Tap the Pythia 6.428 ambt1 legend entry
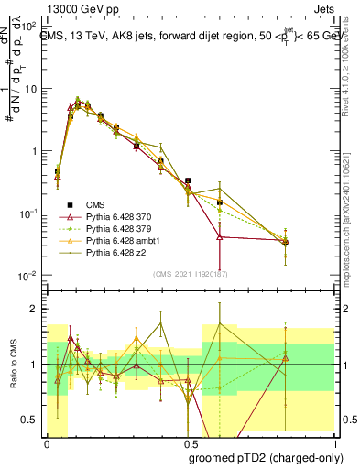(113, 240)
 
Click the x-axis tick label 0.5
(187, 441)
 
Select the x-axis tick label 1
(328, 441)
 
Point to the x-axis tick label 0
(47, 441)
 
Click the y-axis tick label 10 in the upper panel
(31, 89)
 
